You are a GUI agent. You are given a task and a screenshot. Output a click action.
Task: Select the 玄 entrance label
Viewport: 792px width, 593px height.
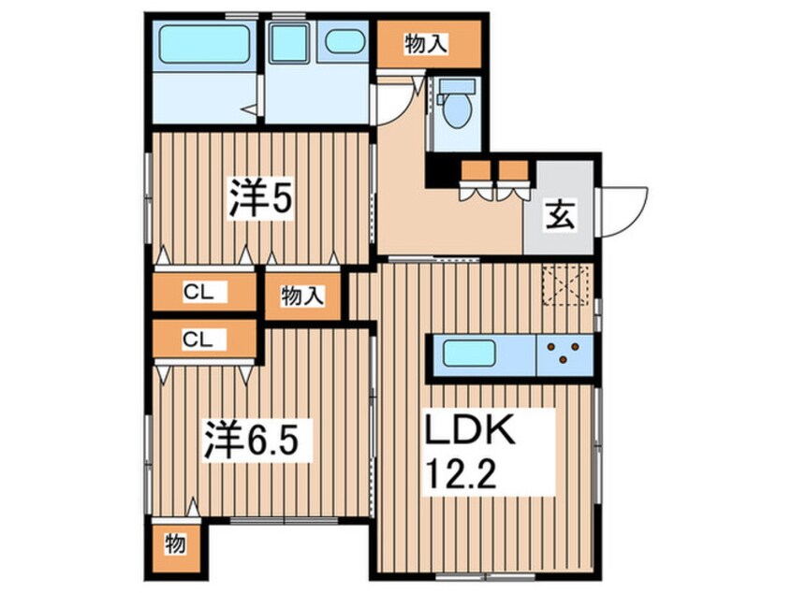pyautogui.click(x=559, y=217)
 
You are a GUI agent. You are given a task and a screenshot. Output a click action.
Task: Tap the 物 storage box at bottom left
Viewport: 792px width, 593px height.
pyautogui.click(x=174, y=542)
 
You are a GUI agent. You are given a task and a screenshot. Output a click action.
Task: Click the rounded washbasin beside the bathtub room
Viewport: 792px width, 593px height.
pyautogui.click(x=345, y=42)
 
